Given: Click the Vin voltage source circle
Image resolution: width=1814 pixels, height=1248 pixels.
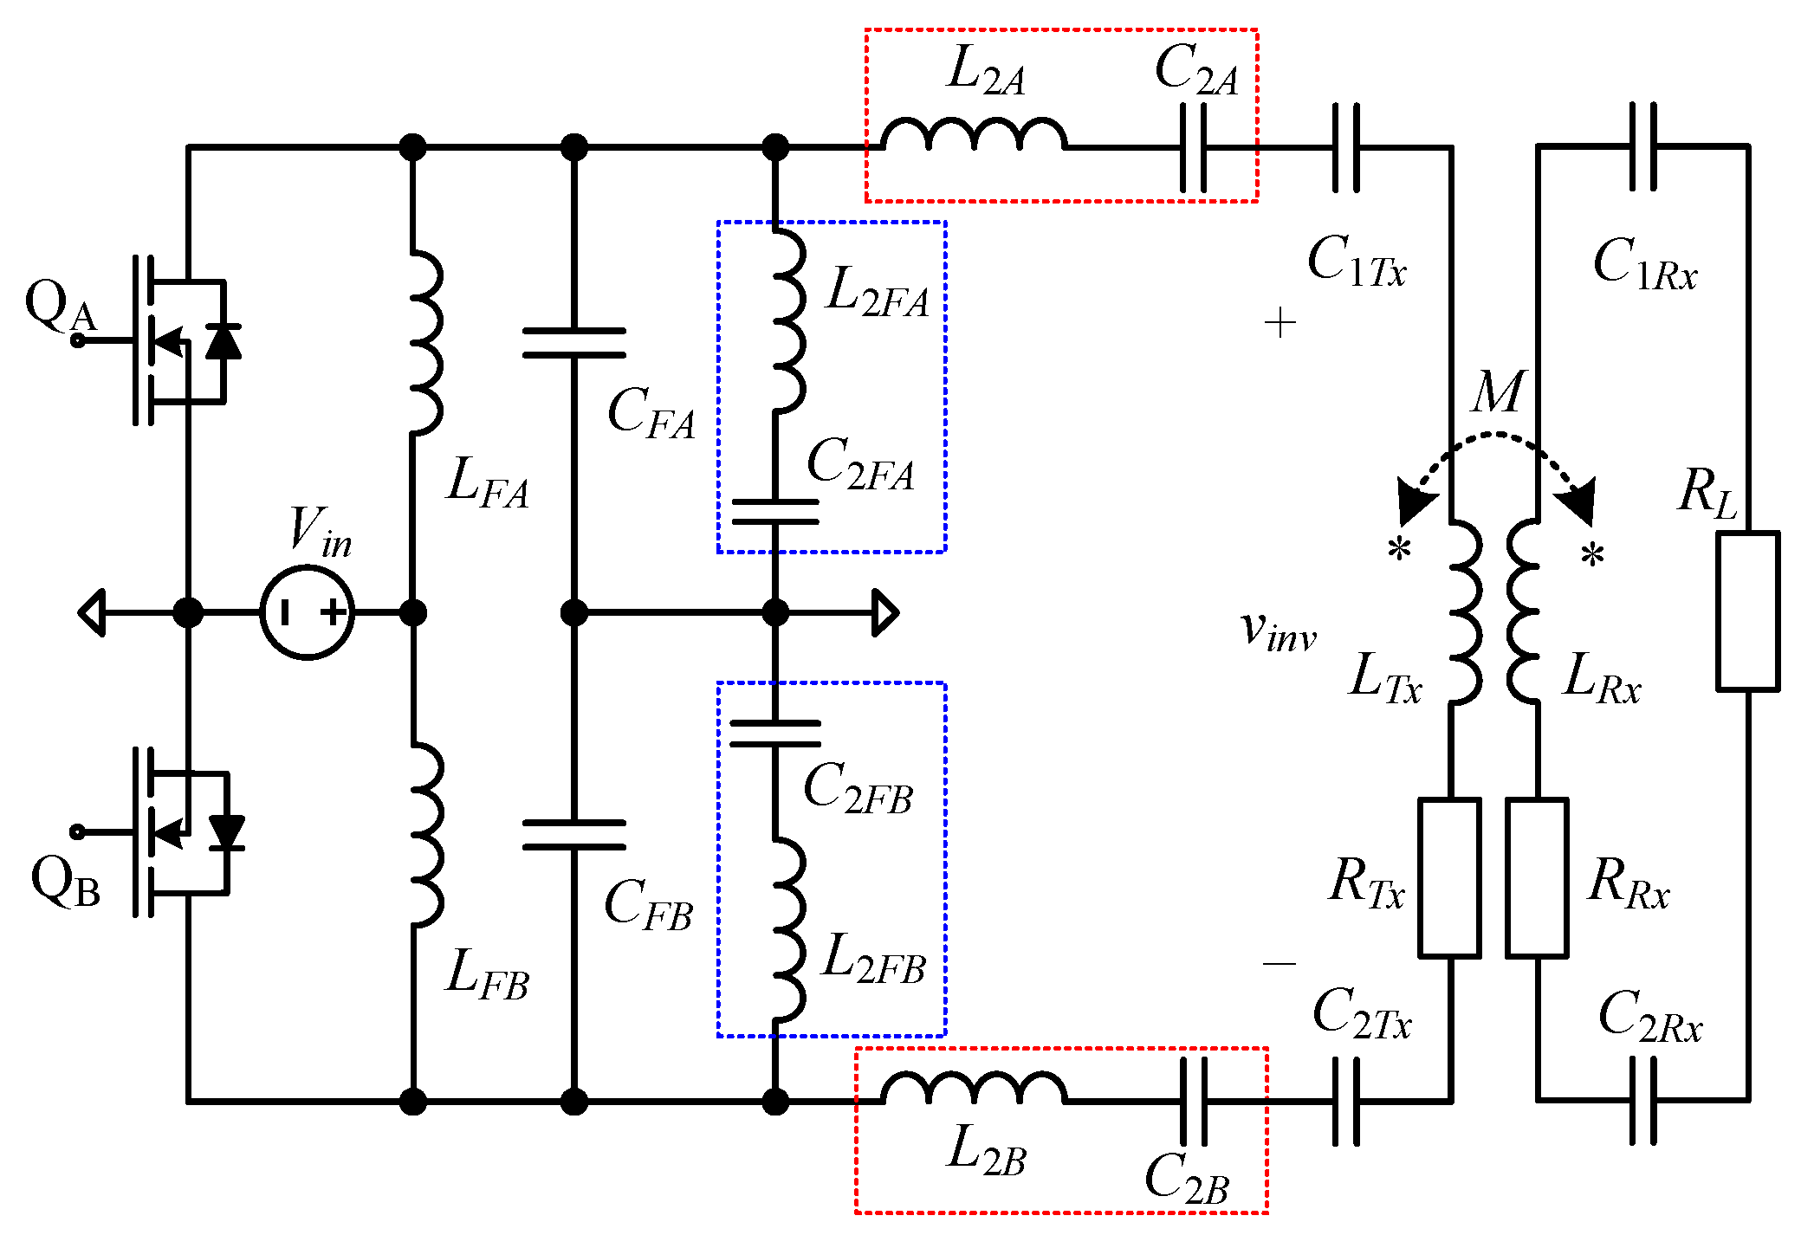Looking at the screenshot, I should (308, 612).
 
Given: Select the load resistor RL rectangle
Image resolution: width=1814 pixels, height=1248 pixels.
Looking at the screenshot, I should (1747, 611).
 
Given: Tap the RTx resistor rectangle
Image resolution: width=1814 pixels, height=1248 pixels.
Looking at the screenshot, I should (1449, 877).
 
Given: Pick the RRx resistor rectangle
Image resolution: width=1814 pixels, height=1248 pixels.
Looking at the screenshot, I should (1537, 877).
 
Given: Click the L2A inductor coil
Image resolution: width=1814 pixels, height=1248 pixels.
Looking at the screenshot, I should (974, 135).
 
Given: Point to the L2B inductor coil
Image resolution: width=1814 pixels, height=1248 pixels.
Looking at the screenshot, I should (974, 1088).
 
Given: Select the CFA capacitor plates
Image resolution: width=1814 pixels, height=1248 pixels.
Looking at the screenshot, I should (573, 343).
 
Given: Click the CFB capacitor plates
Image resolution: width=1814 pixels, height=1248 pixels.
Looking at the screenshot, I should (573, 835).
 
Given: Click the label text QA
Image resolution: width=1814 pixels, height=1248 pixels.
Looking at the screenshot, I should (61, 307).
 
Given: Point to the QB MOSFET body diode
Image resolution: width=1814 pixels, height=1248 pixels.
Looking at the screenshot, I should (227, 832).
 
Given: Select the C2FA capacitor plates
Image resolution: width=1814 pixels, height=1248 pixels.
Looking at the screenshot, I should (774, 512).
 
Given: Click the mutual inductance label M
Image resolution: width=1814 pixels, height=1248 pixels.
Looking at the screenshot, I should (1498, 392).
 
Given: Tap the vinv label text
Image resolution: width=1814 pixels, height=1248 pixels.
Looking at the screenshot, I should (1278, 631).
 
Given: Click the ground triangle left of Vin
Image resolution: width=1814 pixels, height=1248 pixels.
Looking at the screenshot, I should (93, 612).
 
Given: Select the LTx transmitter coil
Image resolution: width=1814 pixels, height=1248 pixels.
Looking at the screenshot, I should (1465, 611).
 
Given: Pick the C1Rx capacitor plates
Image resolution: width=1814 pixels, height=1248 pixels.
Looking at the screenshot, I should (1642, 146).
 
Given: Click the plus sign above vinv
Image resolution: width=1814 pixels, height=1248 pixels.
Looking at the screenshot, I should (1280, 324).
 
